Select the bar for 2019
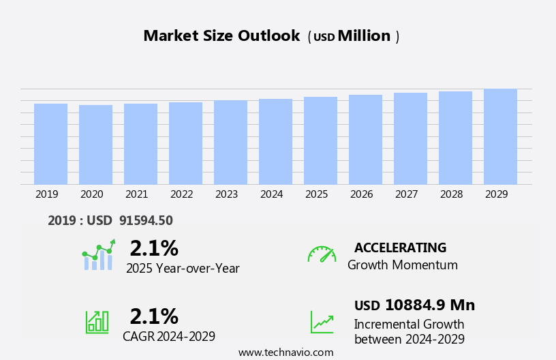click(50, 144)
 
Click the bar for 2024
click(275, 142)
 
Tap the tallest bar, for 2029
click(500, 136)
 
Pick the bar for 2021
click(140, 144)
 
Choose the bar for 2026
click(365, 140)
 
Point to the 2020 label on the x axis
click(92, 194)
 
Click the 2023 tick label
click(227, 194)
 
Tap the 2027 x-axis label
click(407, 194)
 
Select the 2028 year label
click(452, 194)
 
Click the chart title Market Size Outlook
click(221, 36)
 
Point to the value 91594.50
click(146, 220)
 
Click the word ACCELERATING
click(400, 247)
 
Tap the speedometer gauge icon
click(322, 254)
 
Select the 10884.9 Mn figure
click(429, 305)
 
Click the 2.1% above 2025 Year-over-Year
click(154, 248)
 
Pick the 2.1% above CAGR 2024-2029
click(154, 316)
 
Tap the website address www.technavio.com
click(285, 352)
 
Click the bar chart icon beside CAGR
click(96, 322)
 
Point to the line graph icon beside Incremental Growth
click(322, 322)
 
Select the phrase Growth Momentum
click(402, 265)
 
